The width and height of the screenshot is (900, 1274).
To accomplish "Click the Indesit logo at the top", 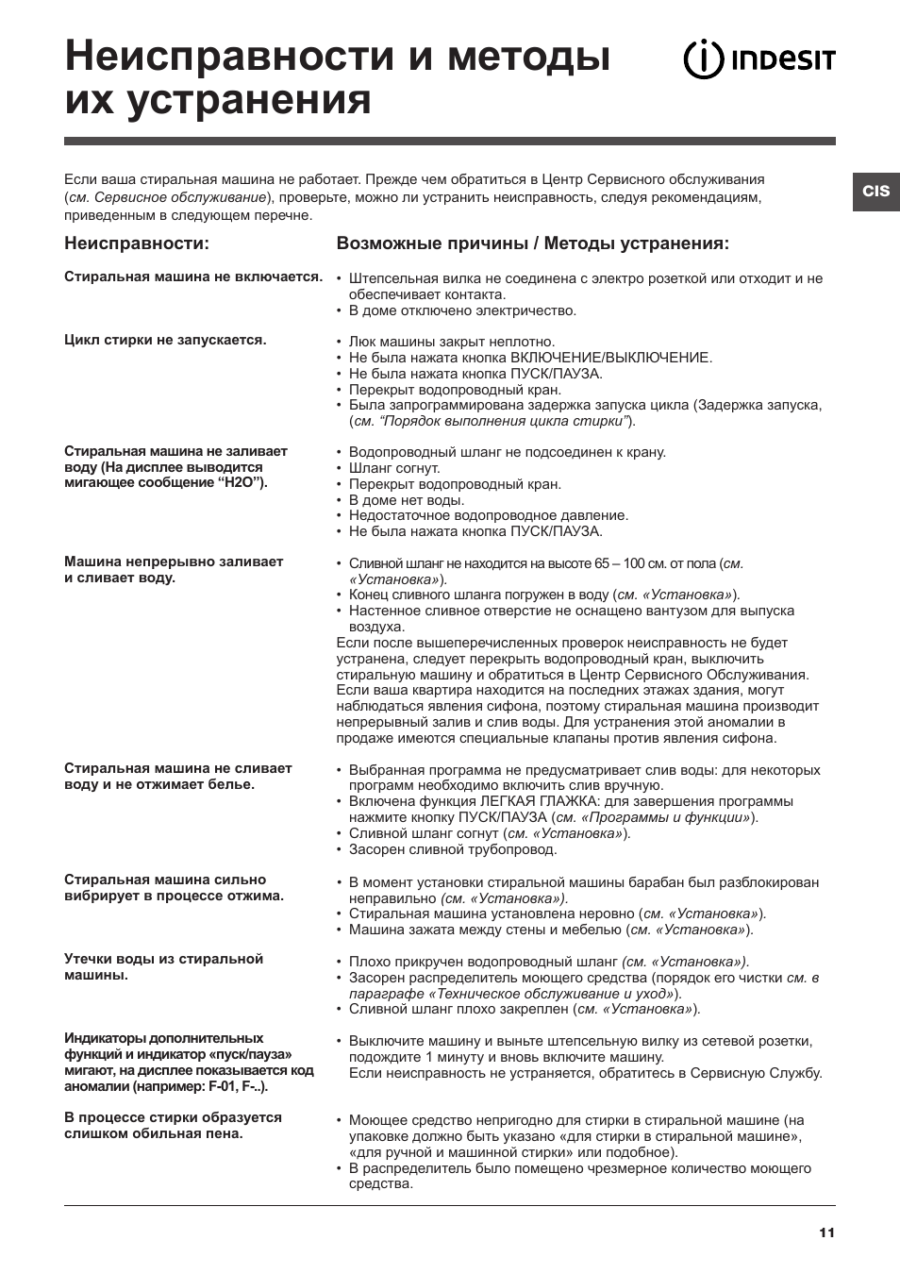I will [x=758, y=60].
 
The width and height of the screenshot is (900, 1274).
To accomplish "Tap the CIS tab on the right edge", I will [x=875, y=191].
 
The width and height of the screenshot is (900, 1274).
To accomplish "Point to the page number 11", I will [x=826, y=1232].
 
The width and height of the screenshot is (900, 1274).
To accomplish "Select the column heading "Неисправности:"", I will [x=137, y=243].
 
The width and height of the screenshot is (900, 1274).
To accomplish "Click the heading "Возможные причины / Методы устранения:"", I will [x=533, y=243].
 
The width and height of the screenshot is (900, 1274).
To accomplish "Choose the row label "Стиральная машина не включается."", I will [x=193, y=277].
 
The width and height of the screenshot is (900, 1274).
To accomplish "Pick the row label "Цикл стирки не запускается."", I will [x=165, y=340].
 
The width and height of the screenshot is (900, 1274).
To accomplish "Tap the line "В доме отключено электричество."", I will [x=462, y=310].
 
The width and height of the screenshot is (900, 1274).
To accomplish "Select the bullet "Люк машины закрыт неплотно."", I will [x=452, y=342].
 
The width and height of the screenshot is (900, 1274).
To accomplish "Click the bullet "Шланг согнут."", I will [x=394, y=468].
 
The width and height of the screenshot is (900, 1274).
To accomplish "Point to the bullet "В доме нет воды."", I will [x=406, y=500].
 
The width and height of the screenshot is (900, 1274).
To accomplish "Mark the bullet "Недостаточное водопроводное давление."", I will [x=489, y=515].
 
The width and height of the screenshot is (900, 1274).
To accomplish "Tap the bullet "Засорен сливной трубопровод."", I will [x=453, y=849].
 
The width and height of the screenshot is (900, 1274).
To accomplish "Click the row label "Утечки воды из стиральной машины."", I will [x=163, y=966].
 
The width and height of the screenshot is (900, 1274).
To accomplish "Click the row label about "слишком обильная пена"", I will [x=173, y=1125].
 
